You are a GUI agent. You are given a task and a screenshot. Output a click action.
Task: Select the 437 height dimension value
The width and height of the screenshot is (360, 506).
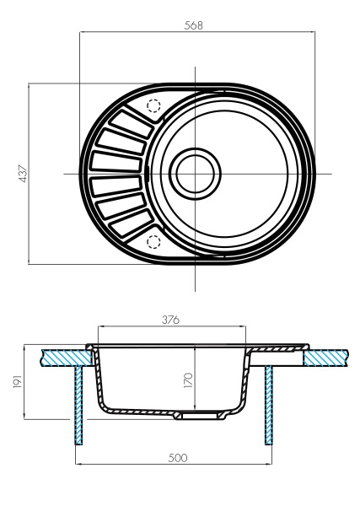[x=23, y=173]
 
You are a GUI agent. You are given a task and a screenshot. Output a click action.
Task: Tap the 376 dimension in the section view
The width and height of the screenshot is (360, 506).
[x=170, y=320]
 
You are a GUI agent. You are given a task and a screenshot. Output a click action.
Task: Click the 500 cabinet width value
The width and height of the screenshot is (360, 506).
[x=175, y=457]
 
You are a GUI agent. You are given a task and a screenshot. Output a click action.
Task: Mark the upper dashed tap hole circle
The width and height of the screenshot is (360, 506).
[x=153, y=106]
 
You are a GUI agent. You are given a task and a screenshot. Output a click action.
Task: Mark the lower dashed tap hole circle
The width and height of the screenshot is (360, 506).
[x=153, y=242]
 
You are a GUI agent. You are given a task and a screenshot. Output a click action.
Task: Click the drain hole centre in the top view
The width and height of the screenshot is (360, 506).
[x=196, y=174]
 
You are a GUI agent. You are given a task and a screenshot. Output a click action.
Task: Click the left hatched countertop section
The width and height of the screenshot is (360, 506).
[x=63, y=357]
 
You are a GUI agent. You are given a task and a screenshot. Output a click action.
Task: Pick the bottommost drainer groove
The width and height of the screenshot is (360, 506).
[x=127, y=223]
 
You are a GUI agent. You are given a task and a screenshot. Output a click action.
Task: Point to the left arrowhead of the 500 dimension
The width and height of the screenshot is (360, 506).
[x=79, y=464]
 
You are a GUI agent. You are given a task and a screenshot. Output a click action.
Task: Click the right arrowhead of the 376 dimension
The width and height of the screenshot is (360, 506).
[x=245, y=327]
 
